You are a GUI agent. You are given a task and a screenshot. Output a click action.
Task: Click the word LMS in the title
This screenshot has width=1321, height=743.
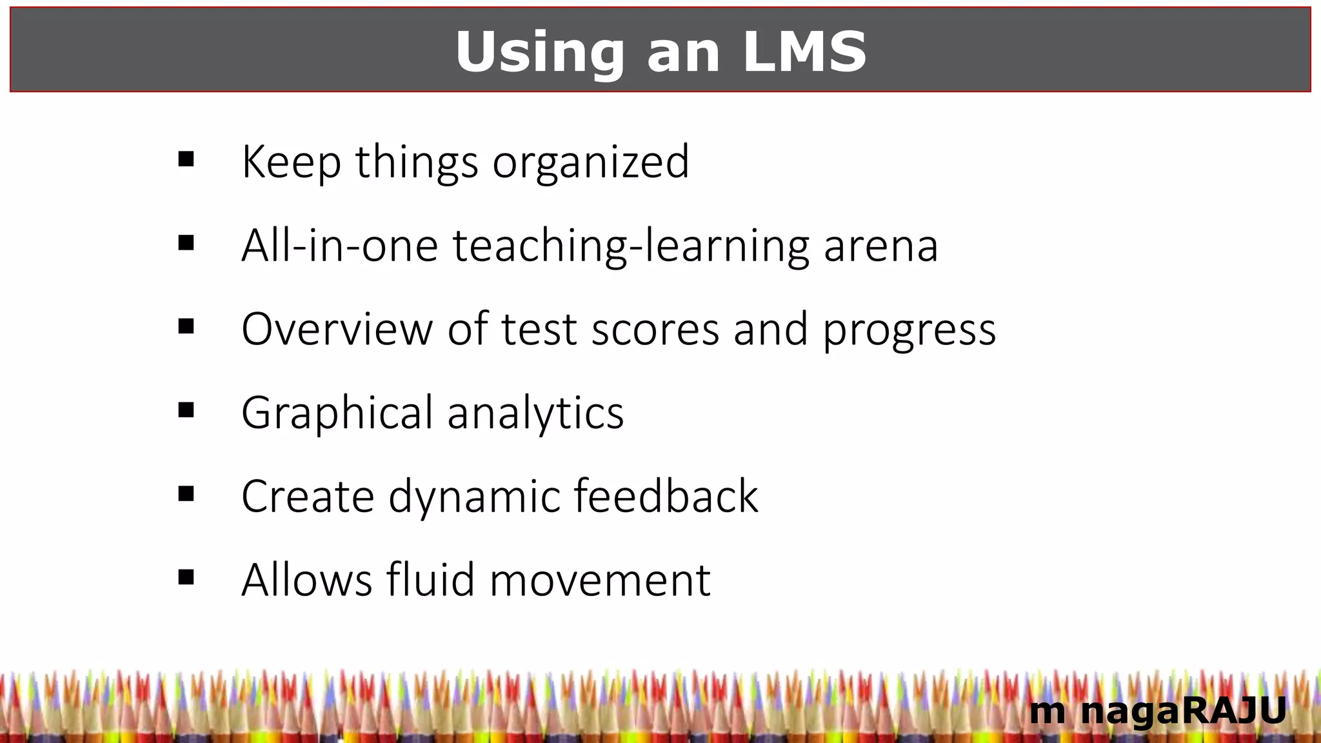click(x=804, y=52)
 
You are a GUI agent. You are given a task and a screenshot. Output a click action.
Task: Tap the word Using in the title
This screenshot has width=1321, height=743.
click(x=539, y=52)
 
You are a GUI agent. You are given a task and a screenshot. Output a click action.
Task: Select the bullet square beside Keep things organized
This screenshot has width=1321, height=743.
click(x=186, y=159)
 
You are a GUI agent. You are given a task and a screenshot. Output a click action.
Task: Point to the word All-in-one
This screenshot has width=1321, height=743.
click(x=339, y=246)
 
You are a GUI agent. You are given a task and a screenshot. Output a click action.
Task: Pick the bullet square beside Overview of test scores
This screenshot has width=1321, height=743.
click(x=186, y=326)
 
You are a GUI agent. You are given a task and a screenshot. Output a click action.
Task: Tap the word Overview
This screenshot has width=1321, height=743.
click(x=337, y=330)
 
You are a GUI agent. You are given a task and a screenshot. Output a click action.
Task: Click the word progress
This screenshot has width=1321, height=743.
click(x=909, y=331)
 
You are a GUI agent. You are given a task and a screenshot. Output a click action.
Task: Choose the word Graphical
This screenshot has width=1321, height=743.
click(x=337, y=413)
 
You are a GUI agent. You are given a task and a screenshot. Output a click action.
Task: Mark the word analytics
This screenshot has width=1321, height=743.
click(x=535, y=413)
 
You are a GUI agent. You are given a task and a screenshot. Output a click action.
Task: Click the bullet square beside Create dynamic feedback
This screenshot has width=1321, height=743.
click(x=186, y=494)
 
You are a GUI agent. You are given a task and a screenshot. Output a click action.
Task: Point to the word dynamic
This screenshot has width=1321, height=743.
click(x=474, y=497)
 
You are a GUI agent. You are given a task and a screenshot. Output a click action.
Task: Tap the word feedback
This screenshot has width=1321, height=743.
click(x=666, y=496)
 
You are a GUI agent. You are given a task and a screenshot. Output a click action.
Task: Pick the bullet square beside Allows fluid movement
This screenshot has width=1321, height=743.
click(x=186, y=577)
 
